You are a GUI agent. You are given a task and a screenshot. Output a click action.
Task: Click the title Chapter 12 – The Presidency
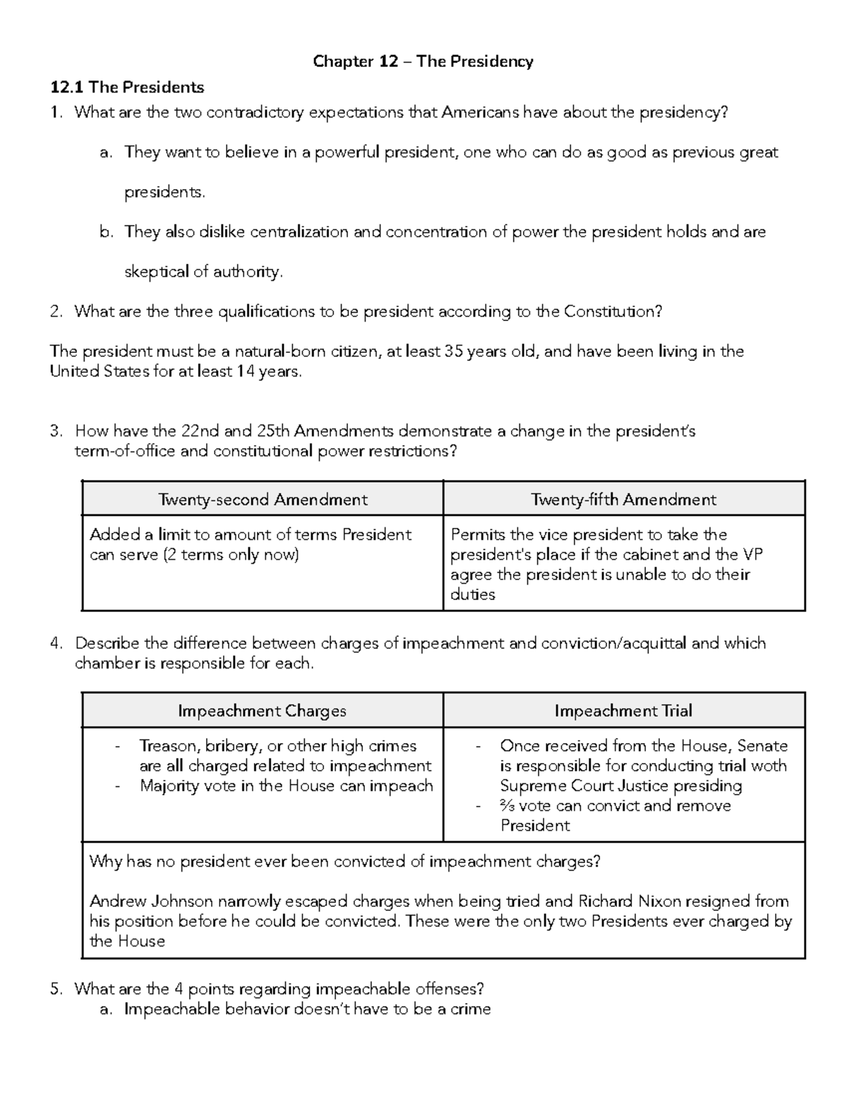(423, 61)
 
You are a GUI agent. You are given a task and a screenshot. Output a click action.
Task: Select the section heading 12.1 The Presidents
(127, 88)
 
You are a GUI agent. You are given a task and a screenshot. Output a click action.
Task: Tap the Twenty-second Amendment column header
(263, 500)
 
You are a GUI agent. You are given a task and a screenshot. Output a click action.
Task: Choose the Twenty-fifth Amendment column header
(623, 500)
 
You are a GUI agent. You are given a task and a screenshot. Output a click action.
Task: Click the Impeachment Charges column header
(262, 711)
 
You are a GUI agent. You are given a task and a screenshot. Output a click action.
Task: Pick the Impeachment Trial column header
(623, 711)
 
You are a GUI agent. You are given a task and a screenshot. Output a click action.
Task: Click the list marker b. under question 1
(106, 232)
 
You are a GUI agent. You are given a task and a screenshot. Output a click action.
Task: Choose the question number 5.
(56, 989)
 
